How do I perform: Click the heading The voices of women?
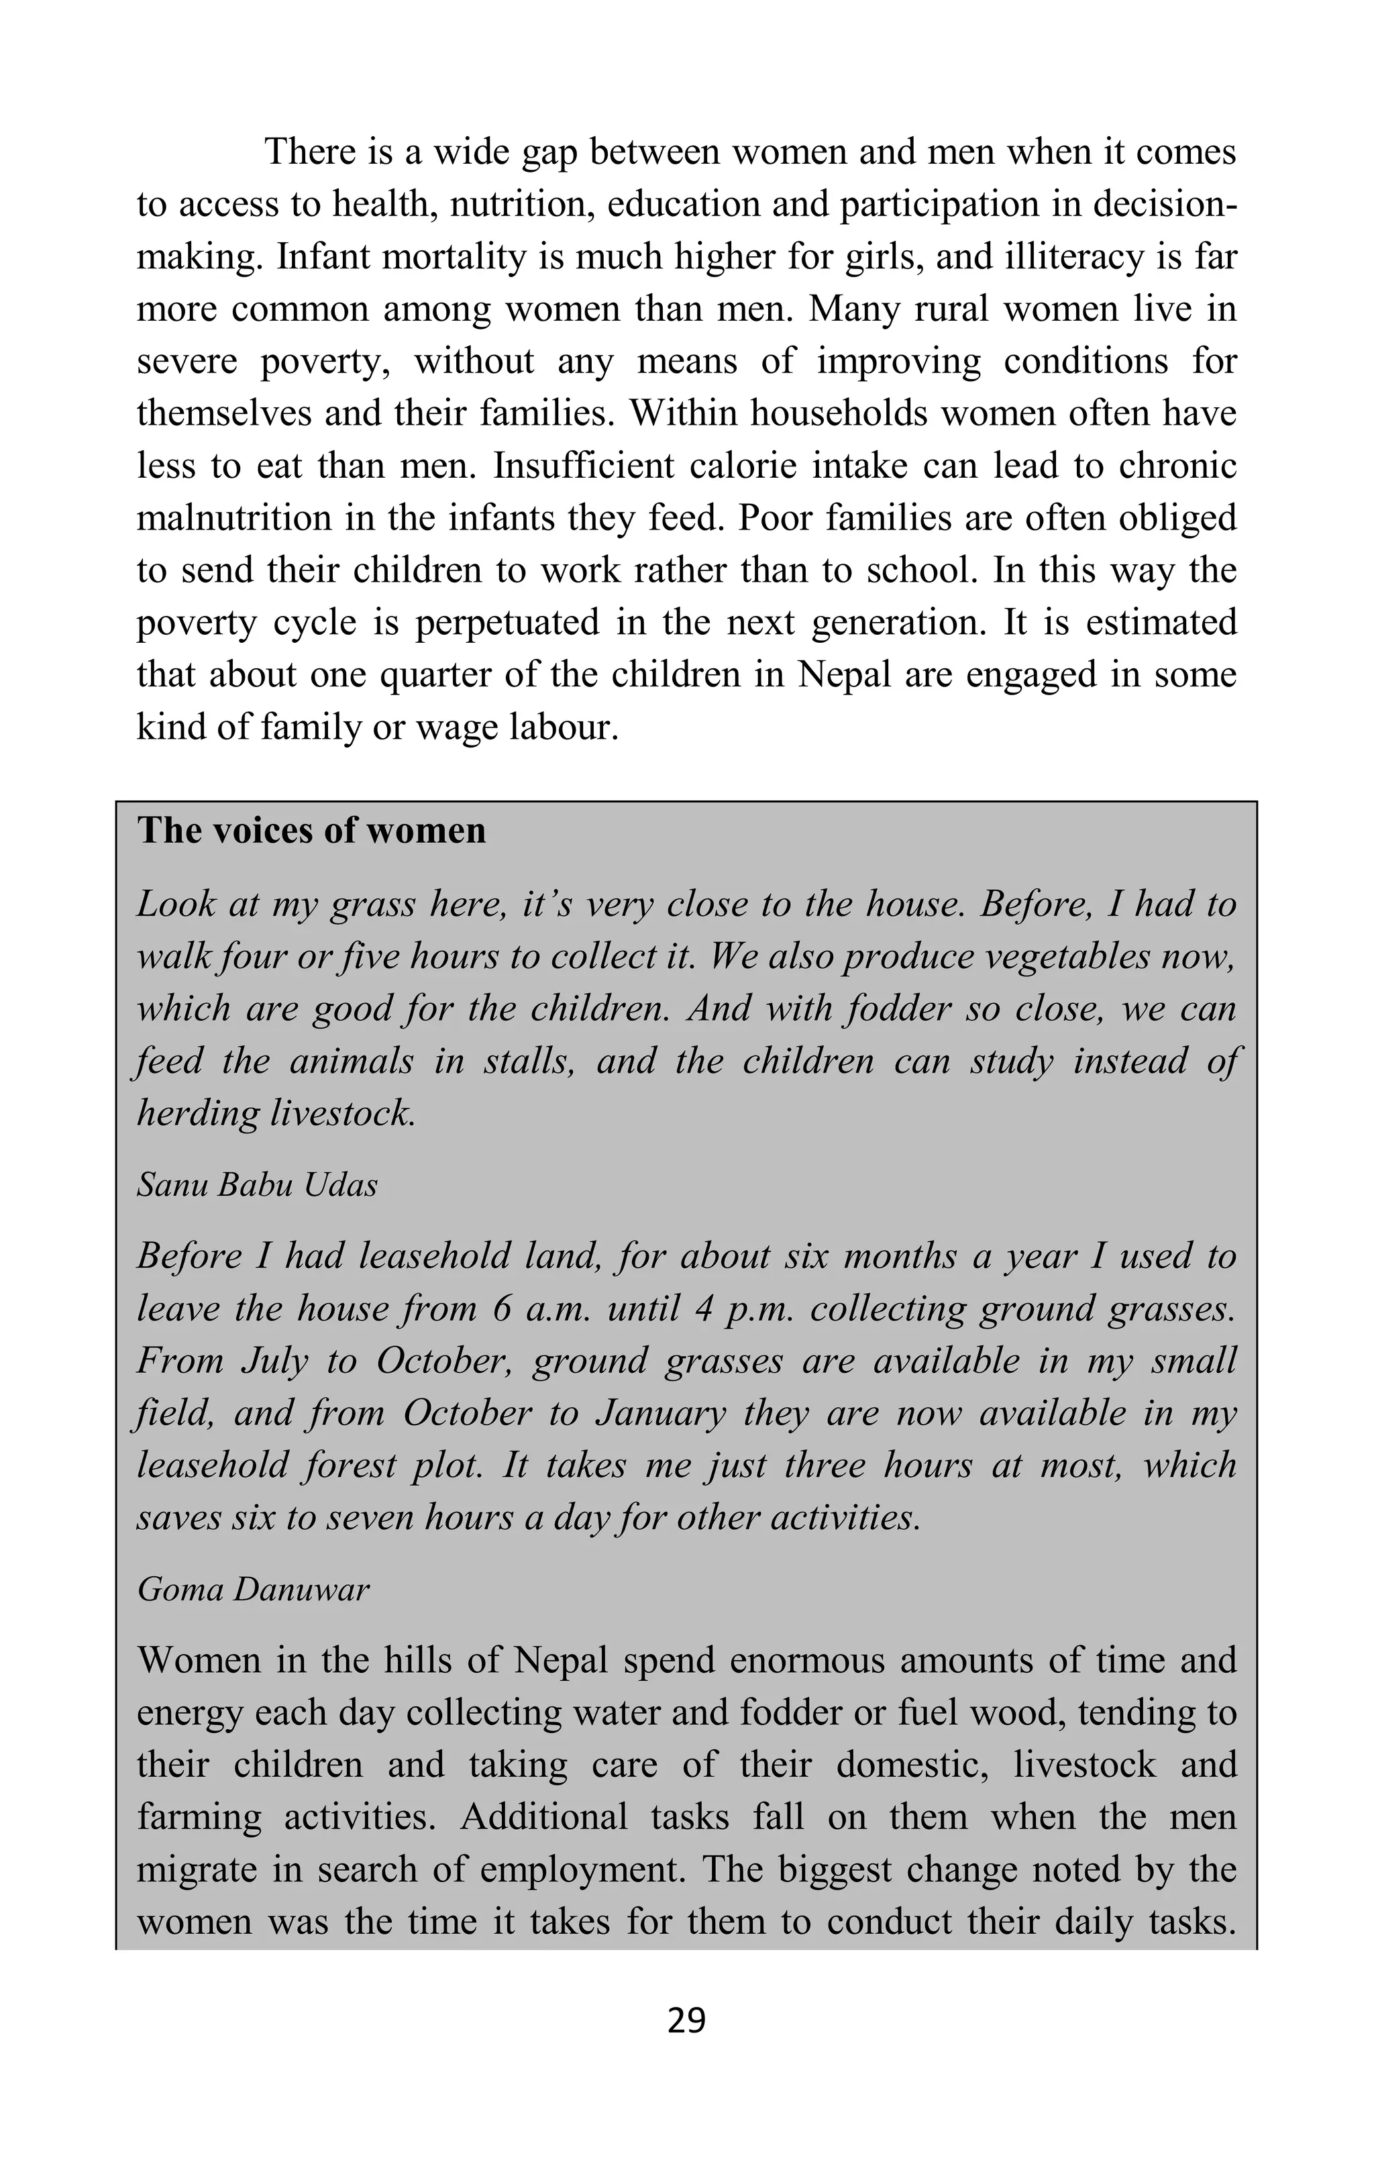point(311,830)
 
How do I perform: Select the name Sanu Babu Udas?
point(257,1186)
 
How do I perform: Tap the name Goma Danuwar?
point(253,1590)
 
